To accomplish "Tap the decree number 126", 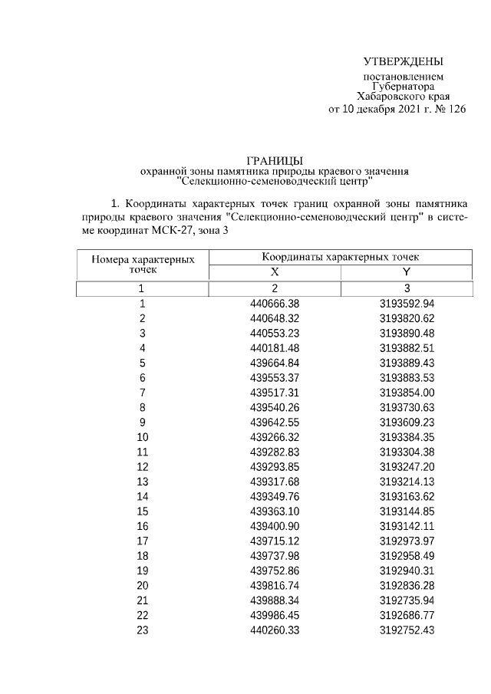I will [456, 109].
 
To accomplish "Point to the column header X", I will [274, 272].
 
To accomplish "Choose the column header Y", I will [407, 272].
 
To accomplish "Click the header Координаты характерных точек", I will [340, 257].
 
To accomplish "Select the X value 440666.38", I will [274, 304].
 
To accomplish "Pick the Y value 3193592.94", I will [407, 304].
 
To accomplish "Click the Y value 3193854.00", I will [407, 392].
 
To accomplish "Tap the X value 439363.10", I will [274, 508].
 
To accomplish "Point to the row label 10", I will [142, 436].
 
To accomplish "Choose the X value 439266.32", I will [274, 436].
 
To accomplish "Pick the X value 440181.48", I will [274, 348].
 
